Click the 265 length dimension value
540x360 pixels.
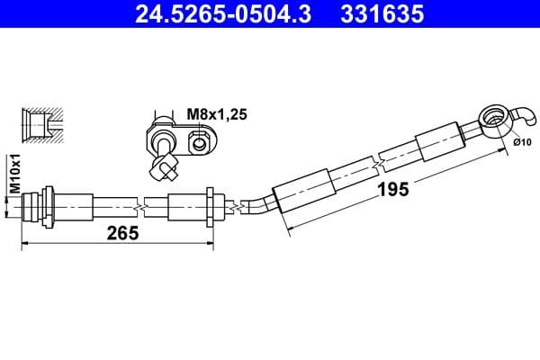point(121,232)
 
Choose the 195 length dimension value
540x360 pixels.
point(392,189)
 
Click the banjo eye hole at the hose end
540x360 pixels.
point(491,117)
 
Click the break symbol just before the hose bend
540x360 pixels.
point(236,207)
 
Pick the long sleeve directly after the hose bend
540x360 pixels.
point(306,186)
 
